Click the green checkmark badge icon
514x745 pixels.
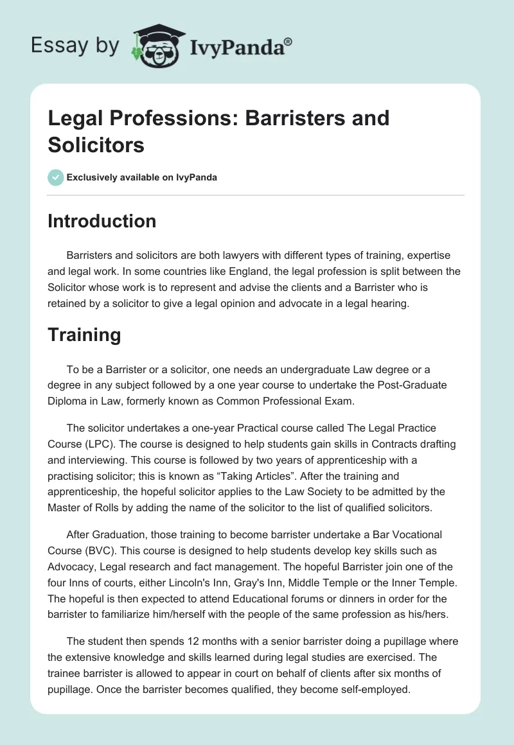[x=56, y=177]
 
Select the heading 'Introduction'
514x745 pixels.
[x=102, y=221]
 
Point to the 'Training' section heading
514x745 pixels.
[x=84, y=335]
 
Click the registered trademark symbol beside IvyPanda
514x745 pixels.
[x=289, y=41]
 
